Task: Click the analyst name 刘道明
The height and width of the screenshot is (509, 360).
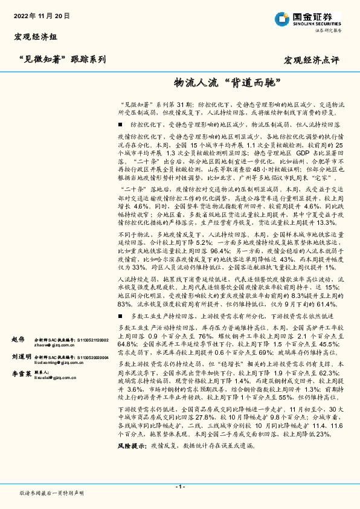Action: pyautogui.click(x=21, y=357)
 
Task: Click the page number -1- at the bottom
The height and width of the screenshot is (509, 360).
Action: pyautogui.click(x=179, y=487)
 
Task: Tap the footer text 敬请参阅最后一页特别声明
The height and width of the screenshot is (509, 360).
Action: pyautogui.click(x=51, y=493)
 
